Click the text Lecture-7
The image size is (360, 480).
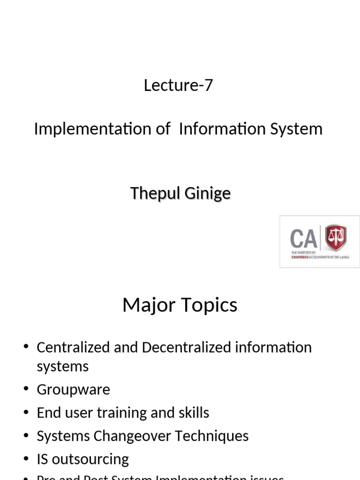(178, 85)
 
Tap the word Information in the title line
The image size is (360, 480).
(216, 129)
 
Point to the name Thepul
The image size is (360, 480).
(152, 193)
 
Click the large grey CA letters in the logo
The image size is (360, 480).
(303, 239)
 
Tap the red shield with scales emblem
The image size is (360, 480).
(335, 238)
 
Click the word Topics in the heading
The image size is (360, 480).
(210, 305)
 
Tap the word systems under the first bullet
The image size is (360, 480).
(62, 367)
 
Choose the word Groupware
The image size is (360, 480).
(73, 390)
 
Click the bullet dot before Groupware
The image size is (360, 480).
(26, 390)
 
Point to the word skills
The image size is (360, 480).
(192, 413)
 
